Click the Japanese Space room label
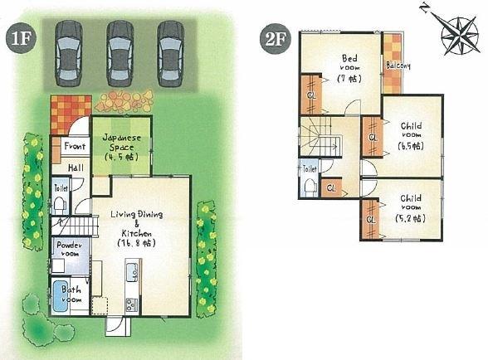click(x=120, y=145)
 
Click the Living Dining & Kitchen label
click(x=137, y=229)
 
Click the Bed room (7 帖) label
click(x=349, y=67)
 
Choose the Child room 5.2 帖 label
click(x=410, y=208)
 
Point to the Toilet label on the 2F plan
click(x=310, y=168)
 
